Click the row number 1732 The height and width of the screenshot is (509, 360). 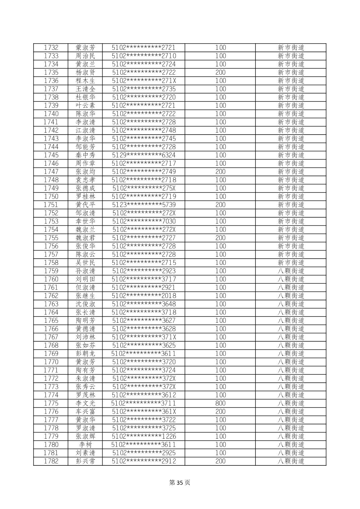click(51, 48)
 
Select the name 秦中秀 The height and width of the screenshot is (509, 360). click(85, 155)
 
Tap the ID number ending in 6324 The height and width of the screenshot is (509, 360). click(143, 155)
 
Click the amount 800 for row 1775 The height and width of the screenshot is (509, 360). click(220, 403)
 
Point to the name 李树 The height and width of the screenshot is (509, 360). click(85, 445)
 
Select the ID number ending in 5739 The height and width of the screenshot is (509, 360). click(143, 205)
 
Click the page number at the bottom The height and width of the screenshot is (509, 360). click(180, 483)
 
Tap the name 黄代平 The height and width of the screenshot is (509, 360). click(85, 205)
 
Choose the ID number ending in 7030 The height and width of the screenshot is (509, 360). click(143, 221)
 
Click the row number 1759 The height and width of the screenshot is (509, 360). click(51, 271)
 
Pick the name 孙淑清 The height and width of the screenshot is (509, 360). click(85, 271)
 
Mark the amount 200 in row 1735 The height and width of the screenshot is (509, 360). click(220, 72)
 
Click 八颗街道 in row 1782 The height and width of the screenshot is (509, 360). click(291, 461)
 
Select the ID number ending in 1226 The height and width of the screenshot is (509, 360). click(143, 436)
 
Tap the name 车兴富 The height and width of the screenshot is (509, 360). click(85, 412)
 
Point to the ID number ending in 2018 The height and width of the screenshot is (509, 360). click(143, 296)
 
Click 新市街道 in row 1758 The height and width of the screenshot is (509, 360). click(291, 263)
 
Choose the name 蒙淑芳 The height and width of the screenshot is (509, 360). click(85, 48)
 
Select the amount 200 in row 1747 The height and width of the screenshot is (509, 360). click(220, 172)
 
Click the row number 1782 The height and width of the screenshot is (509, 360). click(51, 461)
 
